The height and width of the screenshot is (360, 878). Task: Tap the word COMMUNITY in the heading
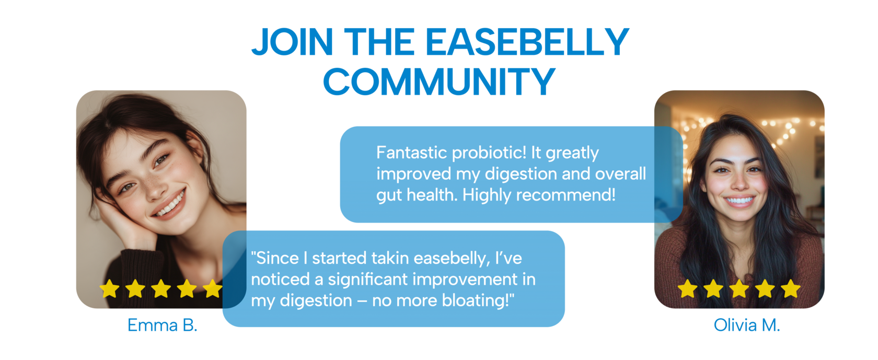(x=439, y=81)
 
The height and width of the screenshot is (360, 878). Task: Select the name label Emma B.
(x=162, y=325)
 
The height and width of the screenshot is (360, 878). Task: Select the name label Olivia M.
(x=747, y=325)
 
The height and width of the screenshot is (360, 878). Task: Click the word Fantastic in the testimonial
(x=412, y=153)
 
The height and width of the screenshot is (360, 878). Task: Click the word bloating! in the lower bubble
(x=478, y=301)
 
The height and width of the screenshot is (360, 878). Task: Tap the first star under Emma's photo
(x=109, y=289)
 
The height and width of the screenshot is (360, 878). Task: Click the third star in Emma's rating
(x=161, y=289)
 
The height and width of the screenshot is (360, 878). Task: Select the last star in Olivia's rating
(x=791, y=289)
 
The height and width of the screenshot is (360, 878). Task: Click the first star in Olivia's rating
(x=688, y=289)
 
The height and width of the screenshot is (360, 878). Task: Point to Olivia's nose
(x=739, y=182)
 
